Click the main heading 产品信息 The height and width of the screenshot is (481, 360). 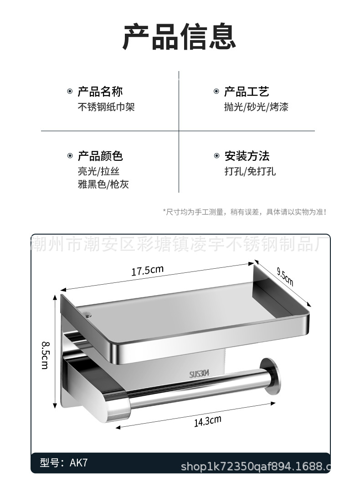180,37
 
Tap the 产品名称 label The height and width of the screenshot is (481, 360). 100,92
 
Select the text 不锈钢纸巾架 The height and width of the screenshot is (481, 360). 106,107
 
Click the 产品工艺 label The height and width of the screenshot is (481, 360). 247,92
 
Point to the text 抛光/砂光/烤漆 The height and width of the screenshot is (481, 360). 256,107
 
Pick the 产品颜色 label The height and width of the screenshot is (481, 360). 100,157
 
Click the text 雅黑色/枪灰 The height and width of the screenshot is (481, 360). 103,185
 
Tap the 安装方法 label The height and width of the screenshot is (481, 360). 247,157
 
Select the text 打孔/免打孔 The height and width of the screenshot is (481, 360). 250,172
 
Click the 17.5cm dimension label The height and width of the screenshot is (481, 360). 147,271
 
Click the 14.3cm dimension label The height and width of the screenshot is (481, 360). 207,421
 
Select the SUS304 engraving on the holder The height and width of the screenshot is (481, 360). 200,374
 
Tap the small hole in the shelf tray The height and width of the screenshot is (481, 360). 87,314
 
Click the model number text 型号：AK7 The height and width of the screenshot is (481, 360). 63,463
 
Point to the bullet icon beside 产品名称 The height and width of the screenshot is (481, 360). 70,92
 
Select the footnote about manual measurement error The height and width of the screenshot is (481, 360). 244,212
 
